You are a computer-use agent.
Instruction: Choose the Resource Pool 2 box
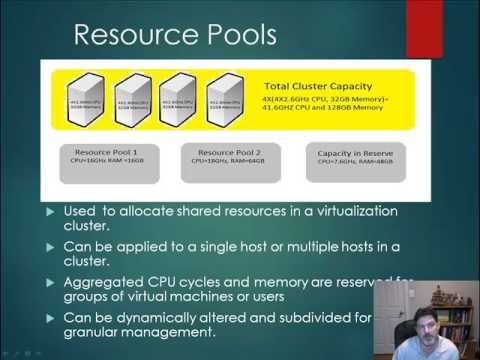point(227,162)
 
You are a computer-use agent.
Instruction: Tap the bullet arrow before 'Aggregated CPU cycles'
point(52,281)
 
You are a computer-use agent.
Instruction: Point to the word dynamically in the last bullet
point(160,317)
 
